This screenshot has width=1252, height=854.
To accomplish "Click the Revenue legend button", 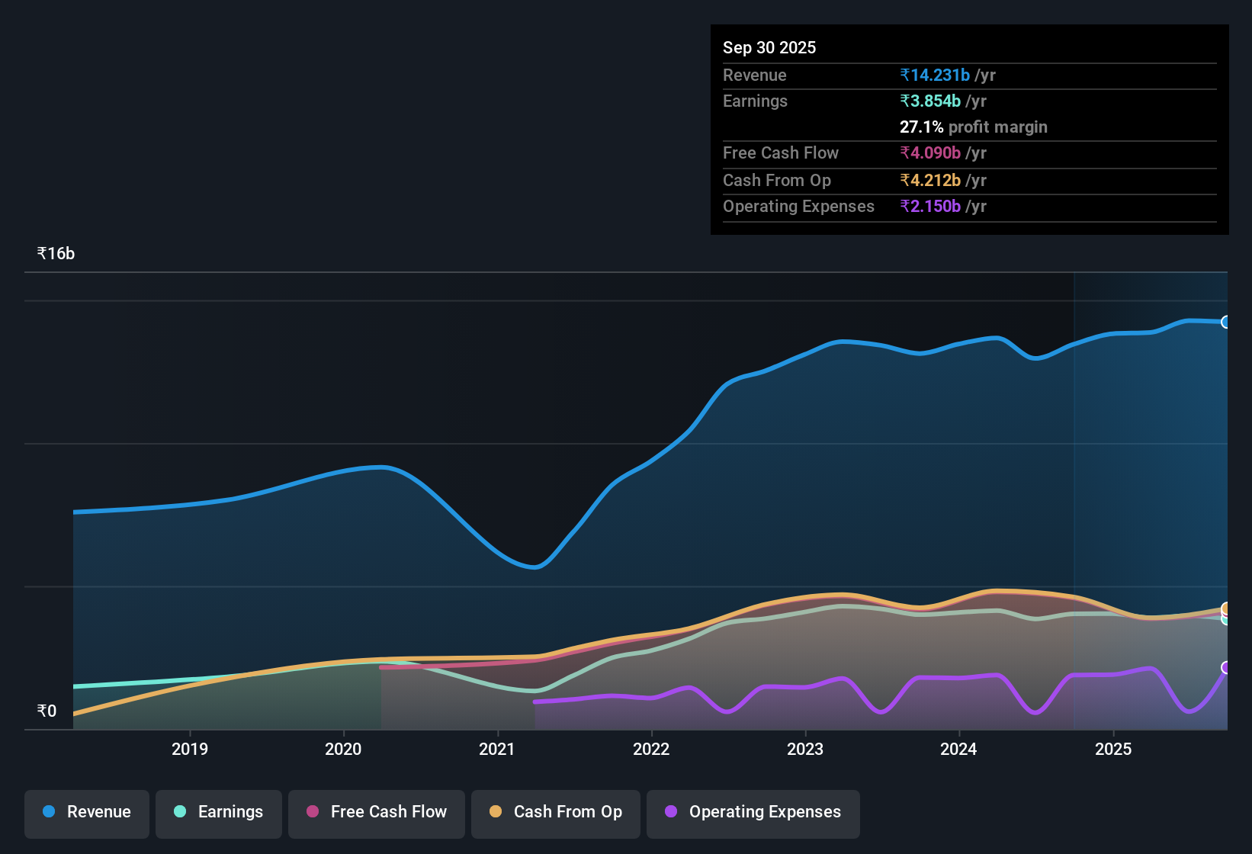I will [87, 812].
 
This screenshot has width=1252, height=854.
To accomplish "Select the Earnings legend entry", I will [219, 812].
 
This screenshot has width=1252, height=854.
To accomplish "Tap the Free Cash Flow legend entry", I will [377, 812].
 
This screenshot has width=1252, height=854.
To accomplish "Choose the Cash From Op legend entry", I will [556, 812].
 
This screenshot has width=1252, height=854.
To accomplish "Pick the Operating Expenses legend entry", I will [753, 812].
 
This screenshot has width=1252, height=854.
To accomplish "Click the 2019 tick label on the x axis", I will [190, 750].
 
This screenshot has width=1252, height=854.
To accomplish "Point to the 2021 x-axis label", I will [497, 750].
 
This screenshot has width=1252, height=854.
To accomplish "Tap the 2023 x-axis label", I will [805, 750].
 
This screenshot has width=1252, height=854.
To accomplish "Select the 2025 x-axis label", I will [1113, 750].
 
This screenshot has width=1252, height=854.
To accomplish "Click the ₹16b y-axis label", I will [56, 254].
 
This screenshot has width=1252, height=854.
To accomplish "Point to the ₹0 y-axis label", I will [47, 711].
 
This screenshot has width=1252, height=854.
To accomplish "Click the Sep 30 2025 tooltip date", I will [769, 48].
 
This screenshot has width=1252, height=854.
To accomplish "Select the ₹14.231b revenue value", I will [935, 75].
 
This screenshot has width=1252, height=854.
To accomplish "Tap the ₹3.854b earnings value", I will [930, 101].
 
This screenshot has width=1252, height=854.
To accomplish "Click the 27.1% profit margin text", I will [974, 127].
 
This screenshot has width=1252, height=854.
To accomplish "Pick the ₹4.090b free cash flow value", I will [930, 153].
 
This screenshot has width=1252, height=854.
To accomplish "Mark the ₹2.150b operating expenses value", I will [930, 207].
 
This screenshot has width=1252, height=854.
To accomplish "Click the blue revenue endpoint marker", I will [1226, 322].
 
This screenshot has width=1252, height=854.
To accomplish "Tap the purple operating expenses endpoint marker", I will [1226, 667].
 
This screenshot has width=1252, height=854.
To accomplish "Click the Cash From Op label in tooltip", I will [777, 181].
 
